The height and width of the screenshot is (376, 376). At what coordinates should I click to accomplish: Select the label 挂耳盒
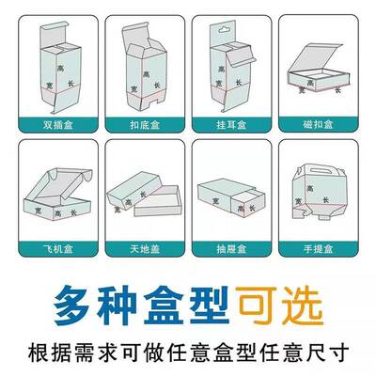pos(231,122)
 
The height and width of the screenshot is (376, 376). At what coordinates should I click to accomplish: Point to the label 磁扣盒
pos(320,122)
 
